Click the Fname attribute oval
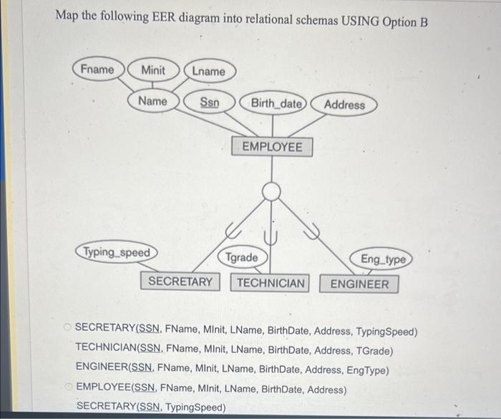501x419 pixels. pyautogui.click(x=98, y=69)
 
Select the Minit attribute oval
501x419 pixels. pyautogui.click(x=152, y=70)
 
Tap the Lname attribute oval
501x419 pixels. pyautogui.click(x=208, y=71)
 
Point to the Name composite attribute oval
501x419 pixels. pyautogui.click(x=152, y=101)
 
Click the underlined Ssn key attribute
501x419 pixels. pyautogui.click(x=209, y=102)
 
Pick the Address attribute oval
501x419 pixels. pyautogui.click(x=344, y=105)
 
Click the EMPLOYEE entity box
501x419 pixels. pyautogui.click(x=272, y=147)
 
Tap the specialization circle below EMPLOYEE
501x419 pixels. pyautogui.click(x=271, y=191)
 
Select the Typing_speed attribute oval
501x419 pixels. pyautogui.click(x=117, y=252)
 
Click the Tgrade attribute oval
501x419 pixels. pyautogui.click(x=242, y=257)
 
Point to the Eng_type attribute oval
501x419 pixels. pyautogui.click(x=383, y=259)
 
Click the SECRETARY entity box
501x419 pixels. pyautogui.click(x=180, y=281)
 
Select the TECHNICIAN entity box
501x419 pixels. pyautogui.click(x=271, y=283)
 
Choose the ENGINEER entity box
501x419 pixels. pyautogui.click(x=359, y=284)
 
